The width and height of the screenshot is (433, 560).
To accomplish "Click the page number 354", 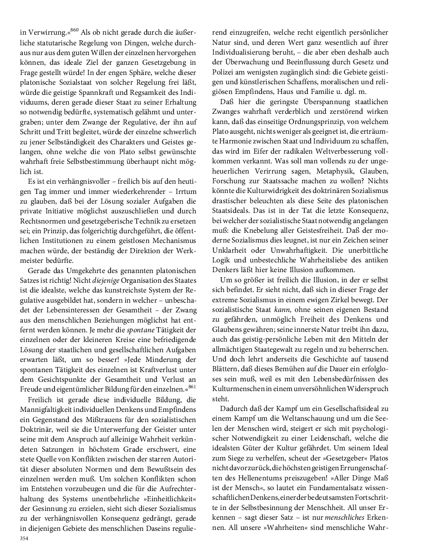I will (x=25, y=538).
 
